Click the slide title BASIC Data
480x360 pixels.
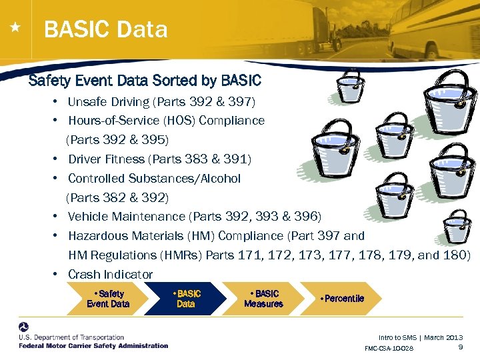(x=105, y=30)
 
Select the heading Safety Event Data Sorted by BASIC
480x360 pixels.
(x=145, y=81)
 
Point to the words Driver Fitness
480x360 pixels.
(x=106, y=159)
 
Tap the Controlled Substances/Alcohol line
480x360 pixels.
(x=154, y=179)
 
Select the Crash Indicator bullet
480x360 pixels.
(x=110, y=275)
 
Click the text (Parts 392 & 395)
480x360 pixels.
(x=117, y=140)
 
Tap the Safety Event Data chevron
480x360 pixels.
(x=108, y=299)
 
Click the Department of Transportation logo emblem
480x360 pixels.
(x=24, y=329)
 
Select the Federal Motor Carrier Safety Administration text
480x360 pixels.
(x=93, y=346)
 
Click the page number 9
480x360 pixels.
(x=461, y=347)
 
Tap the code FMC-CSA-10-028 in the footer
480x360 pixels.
(x=389, y=349)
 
